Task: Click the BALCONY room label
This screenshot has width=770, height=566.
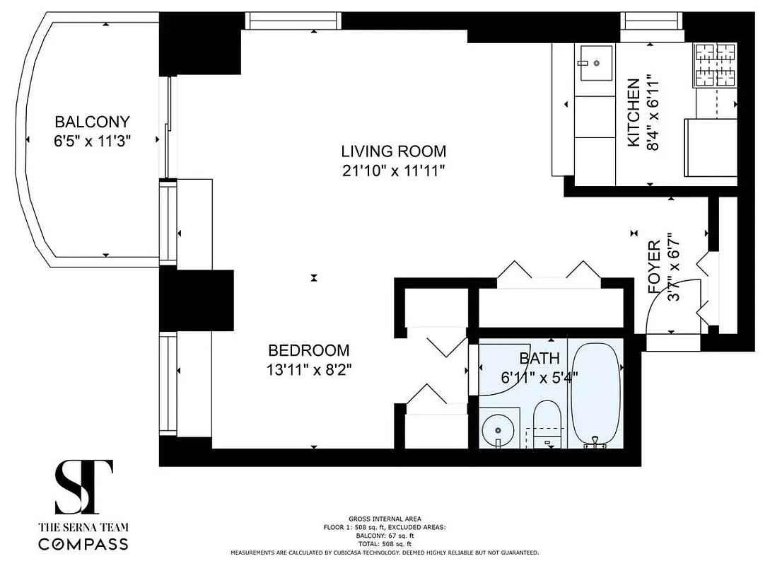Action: tap(93, 122)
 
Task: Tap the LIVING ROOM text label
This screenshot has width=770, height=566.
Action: tap(393, 151)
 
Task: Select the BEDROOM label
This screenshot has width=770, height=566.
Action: tap(308, 350)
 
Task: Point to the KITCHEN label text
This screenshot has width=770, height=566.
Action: tap(634, 113)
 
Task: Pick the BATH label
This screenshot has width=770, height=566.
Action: tap(539, 359)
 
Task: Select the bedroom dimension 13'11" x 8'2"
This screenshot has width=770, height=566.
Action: tap(308, 369)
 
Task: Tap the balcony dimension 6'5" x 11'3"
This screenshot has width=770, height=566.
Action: tap(93, 141)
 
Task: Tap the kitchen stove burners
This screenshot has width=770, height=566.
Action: tap(716, 65)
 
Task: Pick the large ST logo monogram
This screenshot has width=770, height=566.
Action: tap(83, 487)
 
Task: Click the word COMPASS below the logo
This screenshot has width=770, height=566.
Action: tap(83, 544)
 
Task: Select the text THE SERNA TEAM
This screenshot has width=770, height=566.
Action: tap(83, 527)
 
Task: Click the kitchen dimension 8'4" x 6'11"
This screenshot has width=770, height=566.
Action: tap(654, 113)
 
